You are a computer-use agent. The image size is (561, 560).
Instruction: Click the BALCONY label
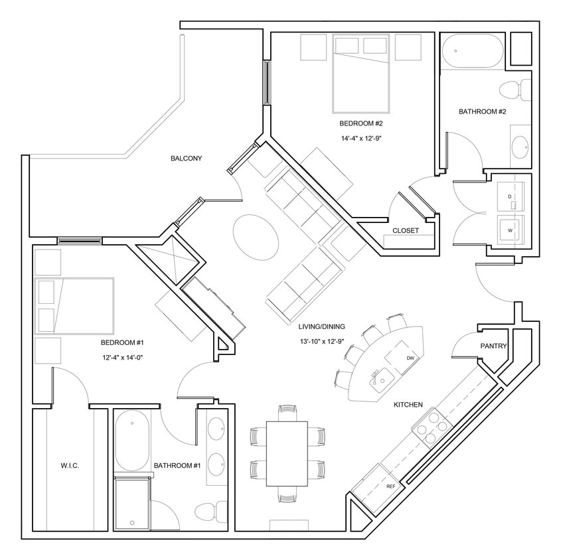pyautogui.click(x=186, y=159)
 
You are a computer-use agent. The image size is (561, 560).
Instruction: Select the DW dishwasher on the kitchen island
pyautogui.click(x=409, y=357)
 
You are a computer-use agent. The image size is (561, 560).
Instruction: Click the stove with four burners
pyautogui.click(x=430, y=428)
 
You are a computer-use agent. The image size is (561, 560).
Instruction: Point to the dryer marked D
pyautogui.click(x=511, y=197)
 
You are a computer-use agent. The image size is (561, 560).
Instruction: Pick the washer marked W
pyautogui.click(x=511, y=230)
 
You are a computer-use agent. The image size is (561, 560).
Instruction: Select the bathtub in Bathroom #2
pyautogui.click(x=473, y=51)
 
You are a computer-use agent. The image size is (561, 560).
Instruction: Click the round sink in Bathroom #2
pyautogui.click(x=520, y=147)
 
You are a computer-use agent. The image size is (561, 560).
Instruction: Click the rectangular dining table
pyautogui.click(x=287, y=453)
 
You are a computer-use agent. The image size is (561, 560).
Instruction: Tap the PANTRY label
pyautogui.click(x=493, y=346)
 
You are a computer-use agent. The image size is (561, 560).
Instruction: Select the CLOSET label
pyautogui.click(x=405, y=231)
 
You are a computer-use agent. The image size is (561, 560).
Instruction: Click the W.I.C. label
pyautogui.click(x=69, y=466)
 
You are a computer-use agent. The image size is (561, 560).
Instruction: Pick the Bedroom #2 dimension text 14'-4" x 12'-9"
pyautogui.click(x=361, y=139)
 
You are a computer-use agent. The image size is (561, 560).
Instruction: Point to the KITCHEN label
pyautogui.click(x=408, y=404)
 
